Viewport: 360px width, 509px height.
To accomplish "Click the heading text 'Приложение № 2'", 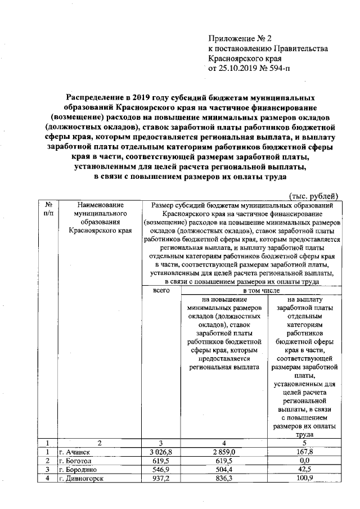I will tap(240, 38).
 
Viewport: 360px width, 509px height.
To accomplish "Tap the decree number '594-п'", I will tap(278, 69).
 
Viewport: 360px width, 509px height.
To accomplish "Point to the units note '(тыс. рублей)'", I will tap(313, 196).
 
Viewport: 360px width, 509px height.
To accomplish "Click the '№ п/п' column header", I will tap(48, 209).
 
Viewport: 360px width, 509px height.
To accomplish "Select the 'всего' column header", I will tap(161, 290).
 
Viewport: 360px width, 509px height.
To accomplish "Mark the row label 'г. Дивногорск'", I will tap(81, 478).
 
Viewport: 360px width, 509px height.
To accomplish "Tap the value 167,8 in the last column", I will tap(304, 451).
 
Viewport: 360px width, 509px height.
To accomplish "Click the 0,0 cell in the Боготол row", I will tap(304, 460).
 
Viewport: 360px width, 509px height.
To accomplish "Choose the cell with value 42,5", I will tap(304, 469).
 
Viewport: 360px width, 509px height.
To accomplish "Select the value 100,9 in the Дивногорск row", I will tap(304, 478).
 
